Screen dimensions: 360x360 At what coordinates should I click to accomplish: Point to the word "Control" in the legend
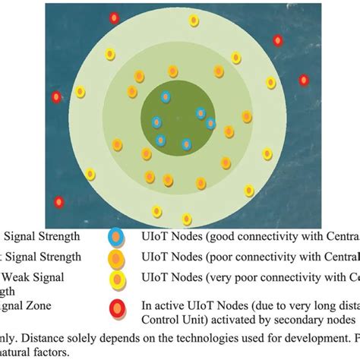coord(160,319)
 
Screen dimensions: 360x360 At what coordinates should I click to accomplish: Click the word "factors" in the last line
coord(57,352)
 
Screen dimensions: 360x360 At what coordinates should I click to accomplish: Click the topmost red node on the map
coord(114,17)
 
